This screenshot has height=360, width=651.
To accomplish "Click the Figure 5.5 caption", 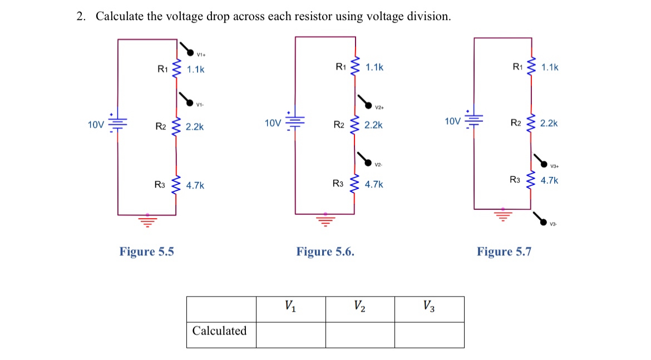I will coord(146,251).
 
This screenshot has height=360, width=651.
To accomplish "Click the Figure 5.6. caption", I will coord(325,251).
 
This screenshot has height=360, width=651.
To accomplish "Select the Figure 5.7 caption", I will coord(504,251).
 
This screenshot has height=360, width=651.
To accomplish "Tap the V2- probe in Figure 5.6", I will coord(368,161).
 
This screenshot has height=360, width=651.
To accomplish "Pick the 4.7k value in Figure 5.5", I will coord(195,185).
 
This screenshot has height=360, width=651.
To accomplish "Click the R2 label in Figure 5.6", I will coord(339,125).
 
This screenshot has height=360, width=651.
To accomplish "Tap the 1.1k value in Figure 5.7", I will coord(549,67).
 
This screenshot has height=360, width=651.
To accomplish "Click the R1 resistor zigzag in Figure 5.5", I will coord(177,69).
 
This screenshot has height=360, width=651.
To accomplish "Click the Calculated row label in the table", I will coord(219,331).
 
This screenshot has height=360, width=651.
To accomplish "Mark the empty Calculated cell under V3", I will coord(429,335).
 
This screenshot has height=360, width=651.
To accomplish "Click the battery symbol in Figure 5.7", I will coord(474,120).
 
